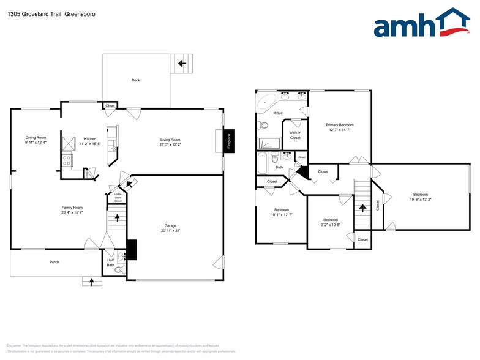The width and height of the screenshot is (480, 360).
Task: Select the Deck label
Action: tap(135, 80)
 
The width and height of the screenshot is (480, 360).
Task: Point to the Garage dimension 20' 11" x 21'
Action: tap(171, 231)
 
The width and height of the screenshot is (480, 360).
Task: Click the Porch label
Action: tap(54, 262)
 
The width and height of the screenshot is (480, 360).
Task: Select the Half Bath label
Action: tap(110, 263)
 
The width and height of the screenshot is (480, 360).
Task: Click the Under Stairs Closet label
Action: tap(118, 197)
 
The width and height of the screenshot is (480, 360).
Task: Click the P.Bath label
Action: tap(279, 113)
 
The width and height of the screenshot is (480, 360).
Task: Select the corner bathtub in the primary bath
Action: tap(266, 100)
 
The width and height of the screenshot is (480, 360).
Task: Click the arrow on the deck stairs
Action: tap(181, 63)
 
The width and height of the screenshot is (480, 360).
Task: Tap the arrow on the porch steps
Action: tap(92, 282)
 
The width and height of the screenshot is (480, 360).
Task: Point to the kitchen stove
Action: tap(68, 161)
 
